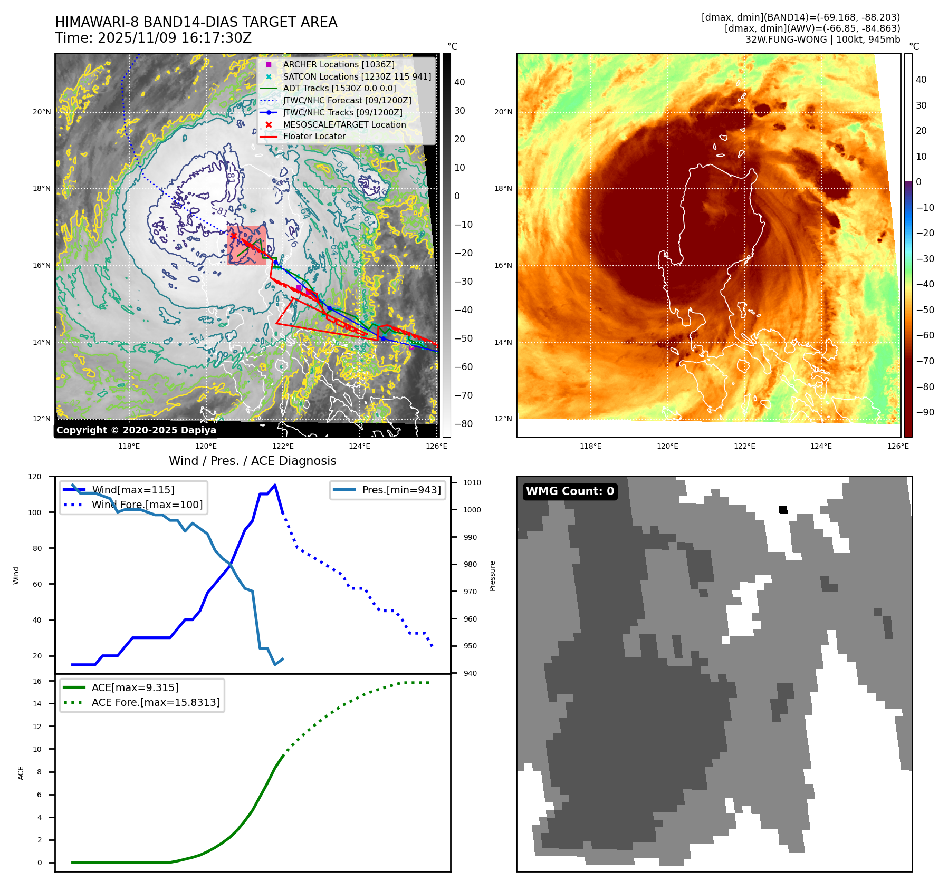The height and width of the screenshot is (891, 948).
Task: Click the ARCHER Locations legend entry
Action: pyautogui.click(x=338, y=64)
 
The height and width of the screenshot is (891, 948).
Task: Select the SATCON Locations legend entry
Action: pyautogui.click(x=357, y=76)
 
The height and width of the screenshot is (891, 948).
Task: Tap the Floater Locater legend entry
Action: pyautogui.click(x=314, y=136)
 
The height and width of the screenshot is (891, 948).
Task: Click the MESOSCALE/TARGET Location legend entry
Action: pyautogui.click(x=344, y=124)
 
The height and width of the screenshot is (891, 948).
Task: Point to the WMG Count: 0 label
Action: pyautogui.click(x=570, y=491)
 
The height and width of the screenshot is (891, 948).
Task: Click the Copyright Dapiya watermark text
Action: pyautogui.click(x=136, y=430)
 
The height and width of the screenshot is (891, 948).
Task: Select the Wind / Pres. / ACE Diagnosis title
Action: pyautogui.click(x=252, y=461)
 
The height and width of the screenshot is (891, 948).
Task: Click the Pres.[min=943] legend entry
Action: pyautogui.click(x=401, y=490)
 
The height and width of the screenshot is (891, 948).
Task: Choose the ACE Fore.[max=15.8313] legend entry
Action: pyautogui.click(x=156, y=702)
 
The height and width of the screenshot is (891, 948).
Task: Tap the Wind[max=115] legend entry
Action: pyautogui.click(x=133, y=490)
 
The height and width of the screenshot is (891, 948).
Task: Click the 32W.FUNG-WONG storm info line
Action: pyautogui.click(x=822, y=40)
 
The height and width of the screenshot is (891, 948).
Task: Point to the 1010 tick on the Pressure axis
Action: pyautogui.click(x=472, y=482)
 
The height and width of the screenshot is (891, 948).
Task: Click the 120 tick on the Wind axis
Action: pyautogui.click(x=35, y=477)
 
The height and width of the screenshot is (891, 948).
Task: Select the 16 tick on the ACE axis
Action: pyautogui.click(x=37, y=681)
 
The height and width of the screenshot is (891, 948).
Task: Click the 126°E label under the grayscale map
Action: pyautogui.click(x=436, y=447)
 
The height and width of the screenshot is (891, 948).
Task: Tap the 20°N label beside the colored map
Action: pyautogui.click(x=503, y=112)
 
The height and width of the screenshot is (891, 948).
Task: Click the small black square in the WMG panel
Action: pyautogui.click(x=783, y=509)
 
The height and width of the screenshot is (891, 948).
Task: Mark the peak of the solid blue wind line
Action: pyautogui.click(x=275, y=485)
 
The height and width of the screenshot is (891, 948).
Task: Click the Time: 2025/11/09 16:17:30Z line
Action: pyautogui.click(x=153, y=38)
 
